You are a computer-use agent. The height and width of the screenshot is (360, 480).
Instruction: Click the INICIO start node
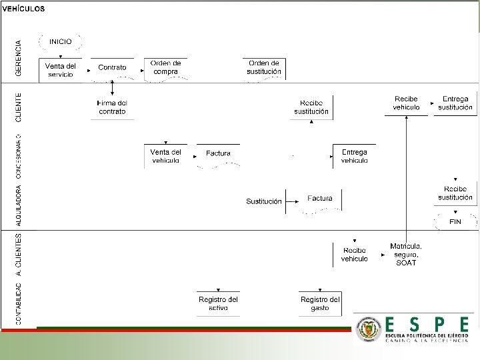click(x=60, y=41)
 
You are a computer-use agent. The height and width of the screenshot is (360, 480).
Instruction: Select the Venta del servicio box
click(x=60, y=69)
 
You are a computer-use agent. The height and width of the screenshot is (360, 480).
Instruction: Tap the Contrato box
click(x=112, y=67)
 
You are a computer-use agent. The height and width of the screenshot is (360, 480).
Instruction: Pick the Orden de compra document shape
click(x=165, y=67)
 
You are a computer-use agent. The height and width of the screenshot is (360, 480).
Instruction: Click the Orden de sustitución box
click(x=264, y=67)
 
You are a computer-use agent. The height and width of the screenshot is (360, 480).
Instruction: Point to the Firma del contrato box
click(x=112, y=107)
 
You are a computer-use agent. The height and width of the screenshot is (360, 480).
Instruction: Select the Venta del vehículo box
click(x=165, y=156)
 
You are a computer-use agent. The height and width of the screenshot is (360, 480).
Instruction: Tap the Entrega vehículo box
click(x=354, y=156)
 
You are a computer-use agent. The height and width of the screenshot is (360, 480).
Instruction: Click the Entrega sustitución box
click(x=455, y=103)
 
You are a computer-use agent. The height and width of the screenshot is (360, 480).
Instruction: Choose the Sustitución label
click(x=264, y=201)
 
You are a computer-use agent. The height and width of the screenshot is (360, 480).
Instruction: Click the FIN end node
click(x=455, y=221)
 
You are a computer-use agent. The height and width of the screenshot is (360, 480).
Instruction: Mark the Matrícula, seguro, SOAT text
click(x=406, y=254)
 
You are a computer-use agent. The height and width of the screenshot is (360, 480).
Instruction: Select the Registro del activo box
click(x=218, y=303)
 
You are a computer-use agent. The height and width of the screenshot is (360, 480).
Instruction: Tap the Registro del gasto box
click(x=320, y=303)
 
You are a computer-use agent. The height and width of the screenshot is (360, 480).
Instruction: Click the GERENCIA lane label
click(x=19, y=58)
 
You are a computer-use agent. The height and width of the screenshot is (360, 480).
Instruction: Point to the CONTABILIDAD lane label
click(x=19, y=303)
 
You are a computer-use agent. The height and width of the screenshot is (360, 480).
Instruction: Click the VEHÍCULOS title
click(x=24, y=9)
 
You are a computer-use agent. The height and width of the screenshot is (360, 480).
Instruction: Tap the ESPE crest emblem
click(x=369, y=329)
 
